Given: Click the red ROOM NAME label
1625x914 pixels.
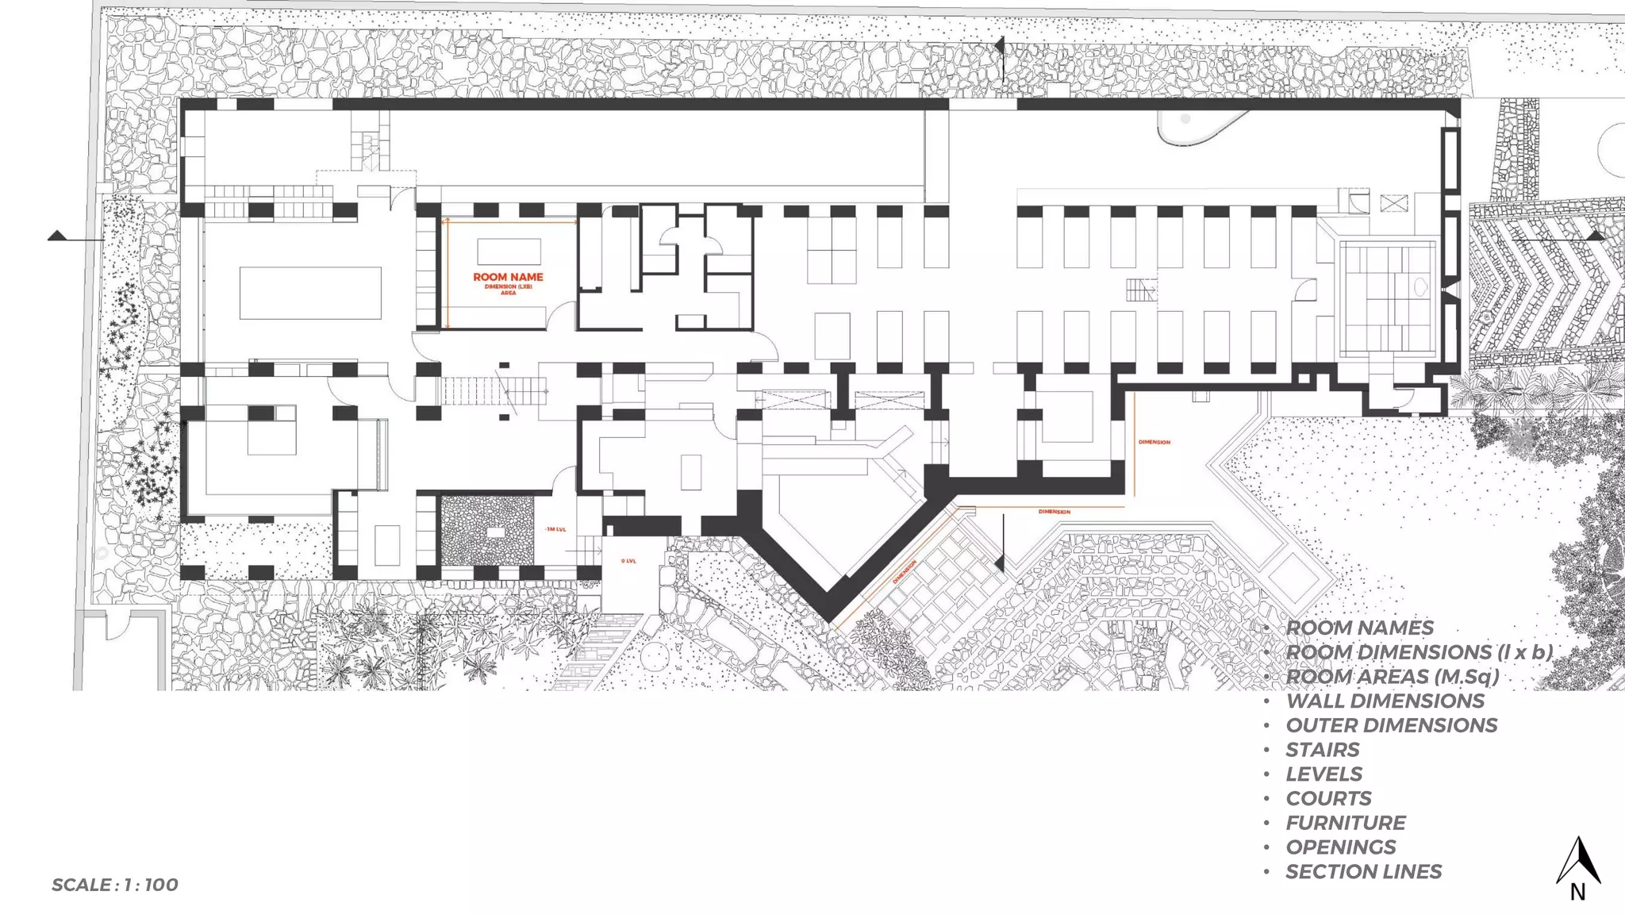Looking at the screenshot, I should [x=508, y=277].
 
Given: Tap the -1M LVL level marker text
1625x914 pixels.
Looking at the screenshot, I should [x=555, y=529].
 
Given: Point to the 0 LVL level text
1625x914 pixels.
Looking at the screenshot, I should [x=628, y=561].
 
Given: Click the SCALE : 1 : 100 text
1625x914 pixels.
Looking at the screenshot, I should [x=115, y=885].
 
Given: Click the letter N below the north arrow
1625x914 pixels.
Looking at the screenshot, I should [x=1577, y=893].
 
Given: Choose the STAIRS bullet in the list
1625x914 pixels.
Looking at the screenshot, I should [x=1323, y=750].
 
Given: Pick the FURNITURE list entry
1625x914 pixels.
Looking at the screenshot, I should [x=1346, y=823].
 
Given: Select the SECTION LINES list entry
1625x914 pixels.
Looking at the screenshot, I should [x=1364, y=871].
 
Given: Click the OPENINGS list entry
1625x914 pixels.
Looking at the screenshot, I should [x=1341, y=847].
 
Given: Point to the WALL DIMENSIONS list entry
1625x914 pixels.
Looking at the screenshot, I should [x=1385, y=701].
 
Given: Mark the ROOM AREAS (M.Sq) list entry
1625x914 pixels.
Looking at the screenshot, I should [x=1393, y=677].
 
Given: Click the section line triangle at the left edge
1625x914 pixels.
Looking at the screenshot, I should [x=56, y=236].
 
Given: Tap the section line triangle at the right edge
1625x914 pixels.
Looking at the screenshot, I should [x=1596, y=236].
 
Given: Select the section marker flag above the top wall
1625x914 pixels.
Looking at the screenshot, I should [x=1000, y=47].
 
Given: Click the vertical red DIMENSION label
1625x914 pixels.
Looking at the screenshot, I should [x=1154, y=442].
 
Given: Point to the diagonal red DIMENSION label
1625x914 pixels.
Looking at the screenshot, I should [x=905, y=572].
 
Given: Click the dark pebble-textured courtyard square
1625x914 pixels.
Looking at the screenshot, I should [x=486, y=531].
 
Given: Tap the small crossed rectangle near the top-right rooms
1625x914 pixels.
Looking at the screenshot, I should [x=1394, y=203].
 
